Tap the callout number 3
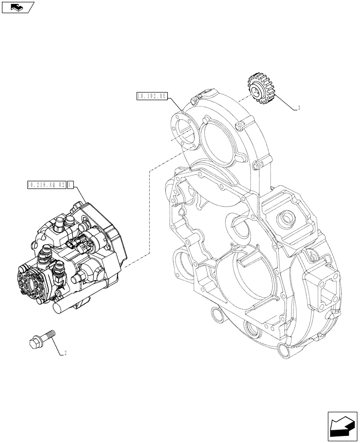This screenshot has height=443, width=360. (x=299, y=108)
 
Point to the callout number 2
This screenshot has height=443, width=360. (x=66, y=353)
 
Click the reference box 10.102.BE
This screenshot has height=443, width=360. (x=152, y=96)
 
